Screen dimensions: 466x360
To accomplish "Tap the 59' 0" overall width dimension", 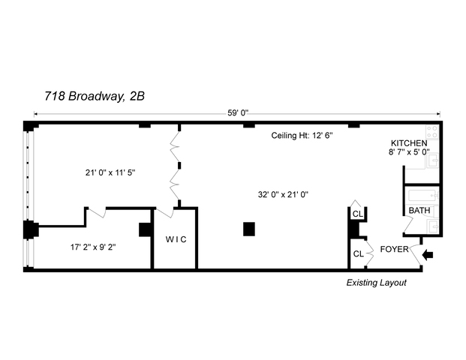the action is pos(238,113).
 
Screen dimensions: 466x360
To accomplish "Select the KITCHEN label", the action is pos(409,143).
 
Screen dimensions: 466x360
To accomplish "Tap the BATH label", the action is pos(419,211).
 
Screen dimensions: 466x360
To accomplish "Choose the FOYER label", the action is pos(395,249).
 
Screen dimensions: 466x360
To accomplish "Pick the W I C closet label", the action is pos(176,239).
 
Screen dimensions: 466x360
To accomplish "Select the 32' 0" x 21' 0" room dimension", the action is pos(284,194).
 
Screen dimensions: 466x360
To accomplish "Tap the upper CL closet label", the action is pos(358,214).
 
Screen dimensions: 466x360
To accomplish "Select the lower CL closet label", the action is pos(359,254).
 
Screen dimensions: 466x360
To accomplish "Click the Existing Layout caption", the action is pos(376,283).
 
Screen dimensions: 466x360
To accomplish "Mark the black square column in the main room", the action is pos(249,229).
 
